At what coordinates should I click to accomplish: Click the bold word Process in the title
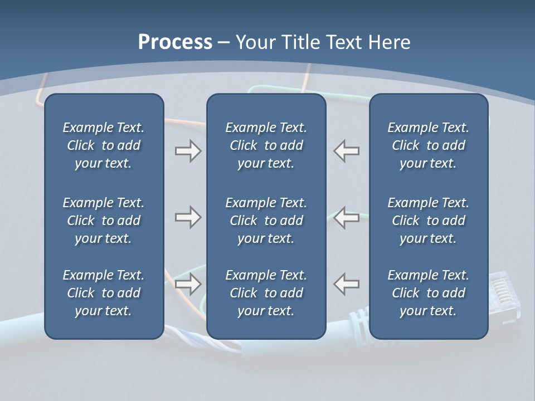pos(175,42)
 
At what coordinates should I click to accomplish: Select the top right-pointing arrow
pos(188,151)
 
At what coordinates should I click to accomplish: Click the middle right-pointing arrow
pos(188,217)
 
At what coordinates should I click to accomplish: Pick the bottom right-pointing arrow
pos(188,284)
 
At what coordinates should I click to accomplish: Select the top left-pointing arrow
pos(346,151)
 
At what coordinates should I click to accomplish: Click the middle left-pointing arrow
pos(346,217)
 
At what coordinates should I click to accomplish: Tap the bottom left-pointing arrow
pos(346,284)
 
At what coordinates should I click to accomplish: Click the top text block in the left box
pos(104,145)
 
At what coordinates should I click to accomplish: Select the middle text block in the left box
pos(104,221)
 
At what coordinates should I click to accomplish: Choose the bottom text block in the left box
pos(104,293)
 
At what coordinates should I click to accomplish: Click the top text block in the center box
pos(266,145)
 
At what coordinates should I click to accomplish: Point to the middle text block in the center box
pos(266,221)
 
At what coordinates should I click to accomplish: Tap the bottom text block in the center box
pos(266,293)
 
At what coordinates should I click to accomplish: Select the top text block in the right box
pos(428,145)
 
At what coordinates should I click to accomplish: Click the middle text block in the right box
pos(428,221)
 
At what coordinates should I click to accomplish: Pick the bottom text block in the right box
pos(428,293)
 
